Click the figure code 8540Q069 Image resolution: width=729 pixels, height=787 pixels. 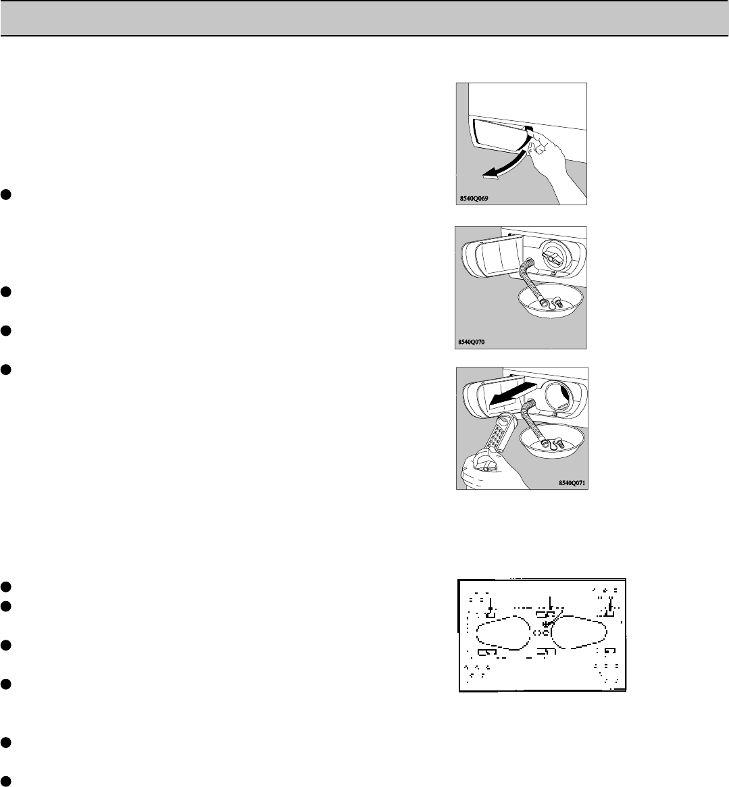474,198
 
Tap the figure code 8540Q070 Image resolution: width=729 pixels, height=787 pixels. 472,342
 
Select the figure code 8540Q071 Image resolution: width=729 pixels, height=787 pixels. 572,483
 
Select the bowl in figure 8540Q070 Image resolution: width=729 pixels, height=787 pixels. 551,302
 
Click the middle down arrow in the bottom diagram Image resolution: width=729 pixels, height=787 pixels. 551,605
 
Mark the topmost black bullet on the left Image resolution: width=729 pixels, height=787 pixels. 5,195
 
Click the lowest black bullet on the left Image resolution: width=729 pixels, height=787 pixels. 5,781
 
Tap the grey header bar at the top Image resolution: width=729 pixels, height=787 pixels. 365,18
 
